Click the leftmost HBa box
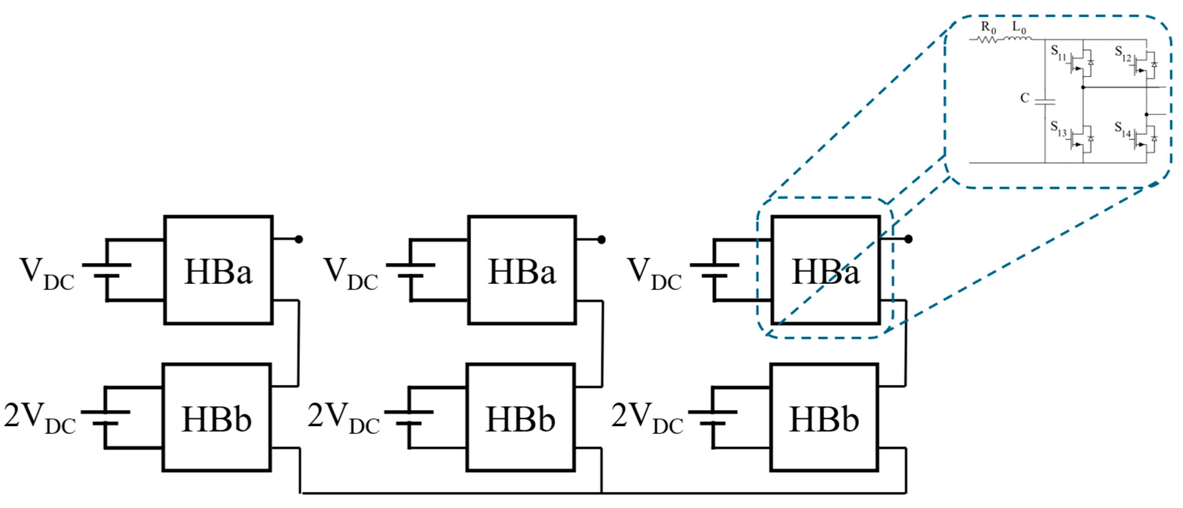pos(218,270)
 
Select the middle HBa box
pos(522,270)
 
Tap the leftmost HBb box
pos(217,418)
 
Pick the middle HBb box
pos(521,418)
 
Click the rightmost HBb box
pos(824,418)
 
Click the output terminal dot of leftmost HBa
pos(298,239)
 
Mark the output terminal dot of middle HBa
pos(602,239)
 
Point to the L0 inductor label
pos(1019,28)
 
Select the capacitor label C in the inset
pos(1025,98)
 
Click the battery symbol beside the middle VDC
pos(410,270)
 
